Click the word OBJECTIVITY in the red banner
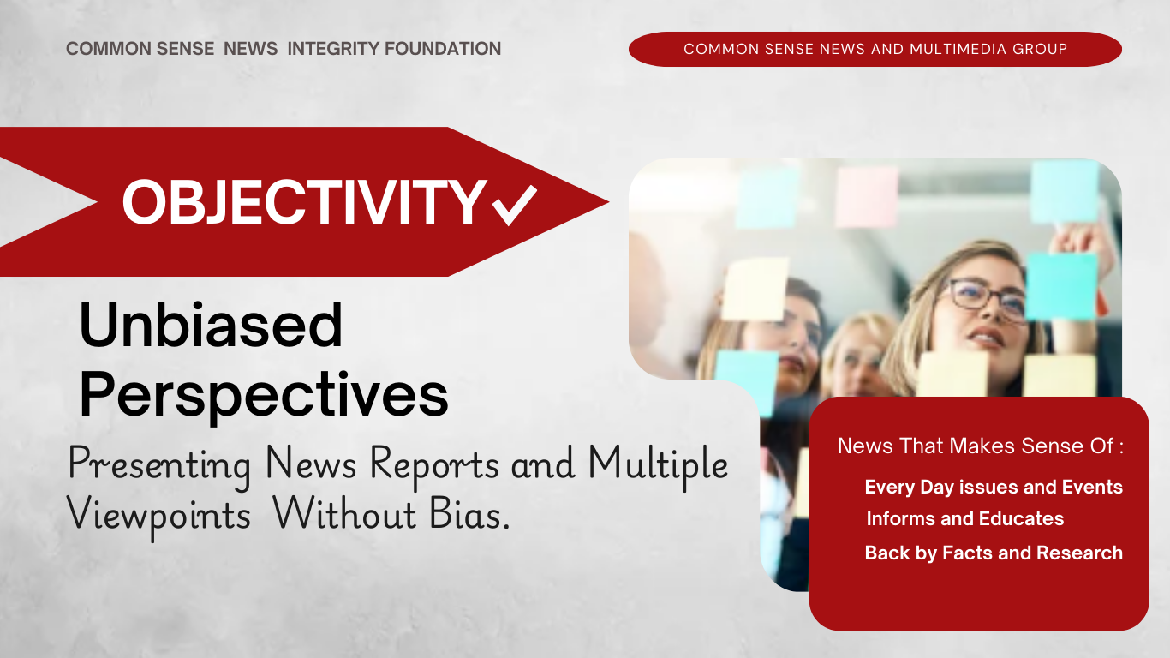(305, 202)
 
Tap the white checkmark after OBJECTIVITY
(515, 205)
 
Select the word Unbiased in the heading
(211, 325)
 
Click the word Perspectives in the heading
(264, 396)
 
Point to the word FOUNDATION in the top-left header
(443, 49)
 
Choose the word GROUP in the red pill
(1040, 49)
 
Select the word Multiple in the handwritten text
(658, 464)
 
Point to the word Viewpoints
(158, 515)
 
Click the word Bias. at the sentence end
(469, 514)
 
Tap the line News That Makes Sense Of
(981, 446)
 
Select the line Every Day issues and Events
(994, 488)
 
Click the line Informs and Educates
(964, 519)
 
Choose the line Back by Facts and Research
(994, 553)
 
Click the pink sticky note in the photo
(867, 196)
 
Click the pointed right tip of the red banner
(608, 201)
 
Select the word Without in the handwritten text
(345, 514)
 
